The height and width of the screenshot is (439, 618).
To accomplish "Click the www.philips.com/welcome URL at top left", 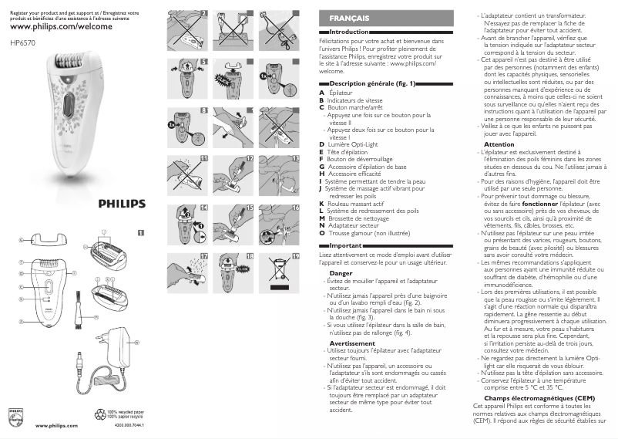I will [61, 26].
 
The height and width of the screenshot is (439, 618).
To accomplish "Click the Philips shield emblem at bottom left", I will [16, 417].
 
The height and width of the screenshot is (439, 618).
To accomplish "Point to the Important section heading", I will [343, 245].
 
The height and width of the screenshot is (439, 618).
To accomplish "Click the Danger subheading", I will [341, 273].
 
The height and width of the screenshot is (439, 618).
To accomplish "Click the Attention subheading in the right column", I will [499, 144].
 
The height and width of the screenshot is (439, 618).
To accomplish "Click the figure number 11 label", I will [204, 157].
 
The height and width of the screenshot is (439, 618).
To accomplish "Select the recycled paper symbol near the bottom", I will [100, 413].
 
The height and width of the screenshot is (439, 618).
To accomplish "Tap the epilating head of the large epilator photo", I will [70, 66].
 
